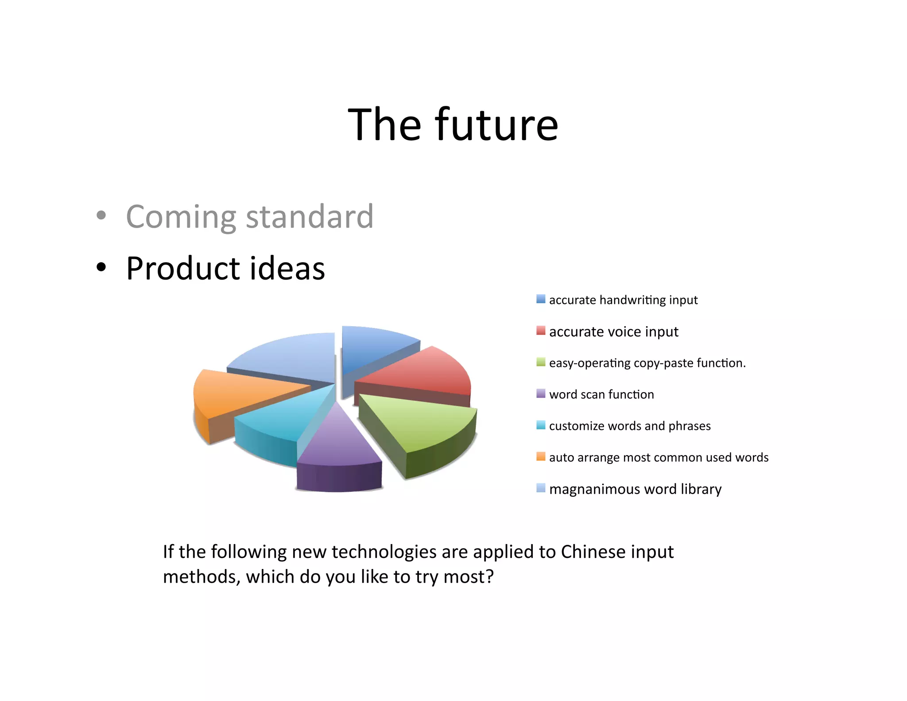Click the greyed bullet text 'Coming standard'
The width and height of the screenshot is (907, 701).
[249, 217]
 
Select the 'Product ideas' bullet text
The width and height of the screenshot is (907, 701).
[225, 269]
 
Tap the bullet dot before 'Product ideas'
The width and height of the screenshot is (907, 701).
[101, 267]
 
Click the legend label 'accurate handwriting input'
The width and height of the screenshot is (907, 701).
[623, 300]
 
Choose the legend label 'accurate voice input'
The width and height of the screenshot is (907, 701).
[613, 331]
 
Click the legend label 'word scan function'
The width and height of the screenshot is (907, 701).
[601, 394]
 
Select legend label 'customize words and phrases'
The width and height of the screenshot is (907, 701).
[629, 426]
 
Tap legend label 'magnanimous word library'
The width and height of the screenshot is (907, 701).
[635, 489]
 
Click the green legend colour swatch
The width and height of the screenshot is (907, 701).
[540, 362]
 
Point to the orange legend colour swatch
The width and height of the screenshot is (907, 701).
[540, 456]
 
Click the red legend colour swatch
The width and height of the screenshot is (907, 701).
[540, 331]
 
